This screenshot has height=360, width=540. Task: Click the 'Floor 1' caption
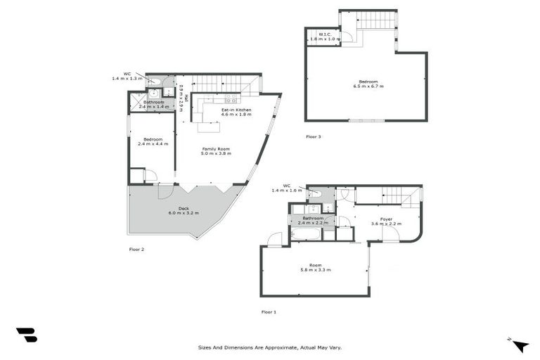[x=269, y=311]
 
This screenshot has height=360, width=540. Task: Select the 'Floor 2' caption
[x=136, y=249]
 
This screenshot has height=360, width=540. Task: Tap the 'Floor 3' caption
[x=314, y=136]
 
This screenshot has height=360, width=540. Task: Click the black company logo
[x=26, y=335]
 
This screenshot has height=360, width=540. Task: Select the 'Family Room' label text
[x=216, y=149]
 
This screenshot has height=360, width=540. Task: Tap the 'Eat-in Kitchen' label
[x=236, y=110]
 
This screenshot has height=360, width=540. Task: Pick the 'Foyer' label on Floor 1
[x=386, y=219]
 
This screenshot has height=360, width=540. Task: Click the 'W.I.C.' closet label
[x=325, y=34]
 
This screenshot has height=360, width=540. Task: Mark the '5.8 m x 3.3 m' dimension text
[x=315, y=270]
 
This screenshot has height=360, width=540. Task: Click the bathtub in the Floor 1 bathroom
[x=307, y=233]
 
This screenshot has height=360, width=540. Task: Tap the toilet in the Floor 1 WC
[x=316, y=192]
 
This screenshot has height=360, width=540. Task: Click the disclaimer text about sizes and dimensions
[x=270, y=347]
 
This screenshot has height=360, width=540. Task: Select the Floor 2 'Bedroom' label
[x=153, y=139]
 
